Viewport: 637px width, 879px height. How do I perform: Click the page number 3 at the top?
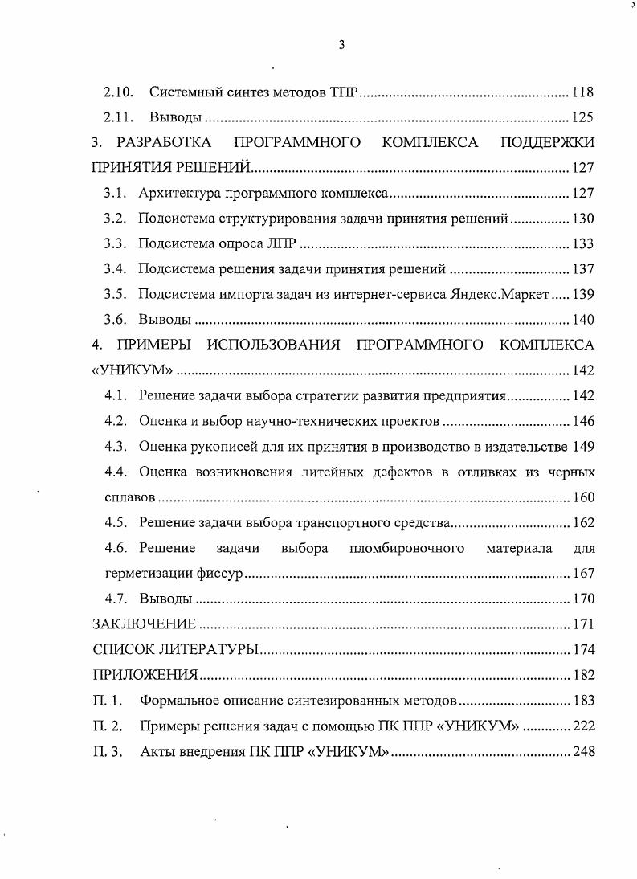tap(341, 46)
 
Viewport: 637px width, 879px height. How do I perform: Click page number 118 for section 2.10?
tap(582, 92)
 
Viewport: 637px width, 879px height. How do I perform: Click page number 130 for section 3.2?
tap(582, 219)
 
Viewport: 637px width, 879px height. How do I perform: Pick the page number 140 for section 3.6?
tap(582, 320)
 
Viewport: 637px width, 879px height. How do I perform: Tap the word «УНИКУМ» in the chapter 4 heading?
tap(132, 370)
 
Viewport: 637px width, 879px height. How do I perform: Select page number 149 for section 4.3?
tap(583, 447)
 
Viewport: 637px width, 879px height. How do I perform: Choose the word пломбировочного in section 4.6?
tap(407, 549)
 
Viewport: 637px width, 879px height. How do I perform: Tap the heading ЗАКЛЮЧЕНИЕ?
tap(144, 624)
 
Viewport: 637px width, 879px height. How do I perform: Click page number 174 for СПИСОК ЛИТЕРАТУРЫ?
tap(582, 649)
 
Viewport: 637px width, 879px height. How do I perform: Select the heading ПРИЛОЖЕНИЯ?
tap(145, 675)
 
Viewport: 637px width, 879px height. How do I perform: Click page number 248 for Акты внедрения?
tap(582, 752)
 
